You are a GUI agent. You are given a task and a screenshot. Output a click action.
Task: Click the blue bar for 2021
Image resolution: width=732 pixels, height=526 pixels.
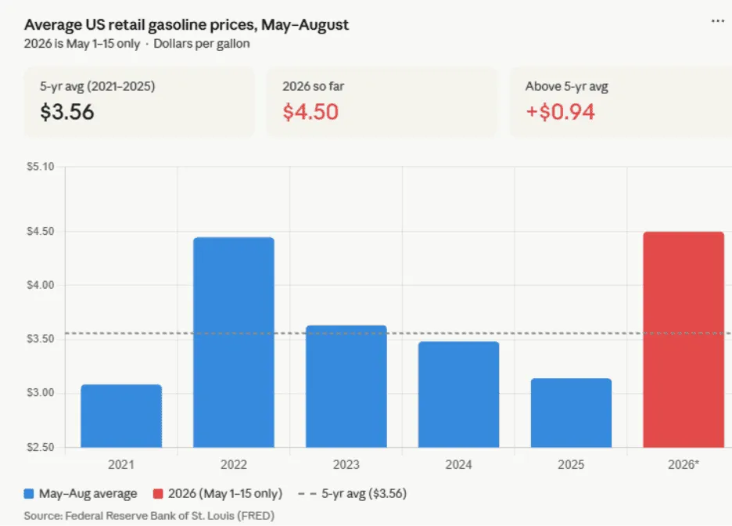tap(121, 416)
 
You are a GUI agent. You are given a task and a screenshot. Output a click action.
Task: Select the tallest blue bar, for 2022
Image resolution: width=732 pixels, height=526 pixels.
tap(234, 342)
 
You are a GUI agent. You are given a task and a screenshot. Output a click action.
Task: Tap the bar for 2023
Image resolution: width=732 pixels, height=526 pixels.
tap(346, 387)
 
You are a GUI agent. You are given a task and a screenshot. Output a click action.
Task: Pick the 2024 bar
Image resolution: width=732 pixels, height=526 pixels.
tap(459, 394)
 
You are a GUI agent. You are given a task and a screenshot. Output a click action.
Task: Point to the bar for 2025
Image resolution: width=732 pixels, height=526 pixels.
tap(572, 413)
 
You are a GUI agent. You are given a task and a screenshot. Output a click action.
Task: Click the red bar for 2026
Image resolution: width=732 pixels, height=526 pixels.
tap(684, 340)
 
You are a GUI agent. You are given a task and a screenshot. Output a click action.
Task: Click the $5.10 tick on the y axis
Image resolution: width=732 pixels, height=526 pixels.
tap(41, 167)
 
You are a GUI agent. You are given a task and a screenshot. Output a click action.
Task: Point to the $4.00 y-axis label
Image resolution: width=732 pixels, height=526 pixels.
tap(41, 285)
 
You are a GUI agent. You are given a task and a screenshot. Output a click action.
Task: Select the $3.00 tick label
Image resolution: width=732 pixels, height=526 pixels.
tap(41, 393)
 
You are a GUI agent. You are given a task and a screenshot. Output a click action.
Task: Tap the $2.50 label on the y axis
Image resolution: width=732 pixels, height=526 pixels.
tap(41, 447)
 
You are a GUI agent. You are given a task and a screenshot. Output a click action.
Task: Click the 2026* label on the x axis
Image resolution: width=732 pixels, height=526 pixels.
tap(684, 465)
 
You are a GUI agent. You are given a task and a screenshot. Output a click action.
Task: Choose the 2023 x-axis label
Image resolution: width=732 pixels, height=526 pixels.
tap(346, 465)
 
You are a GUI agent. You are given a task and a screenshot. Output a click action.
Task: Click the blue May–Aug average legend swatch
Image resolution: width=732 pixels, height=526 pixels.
tap(29, 494)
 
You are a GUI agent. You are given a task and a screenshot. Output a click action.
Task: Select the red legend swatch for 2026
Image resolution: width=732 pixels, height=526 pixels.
tap(158, 494)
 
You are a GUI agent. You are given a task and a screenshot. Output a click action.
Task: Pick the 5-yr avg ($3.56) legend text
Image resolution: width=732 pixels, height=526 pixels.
tap(364, 494)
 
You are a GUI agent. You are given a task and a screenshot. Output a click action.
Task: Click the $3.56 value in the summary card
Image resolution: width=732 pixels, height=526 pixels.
tap(67, 112)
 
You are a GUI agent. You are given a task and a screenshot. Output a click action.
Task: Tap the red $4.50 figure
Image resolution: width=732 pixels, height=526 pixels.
tap(310, 112)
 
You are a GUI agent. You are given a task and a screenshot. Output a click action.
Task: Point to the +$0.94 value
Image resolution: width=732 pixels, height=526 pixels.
tap(560, 112)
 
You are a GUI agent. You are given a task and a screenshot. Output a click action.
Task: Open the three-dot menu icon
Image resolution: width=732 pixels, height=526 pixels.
tap(718, 21)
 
